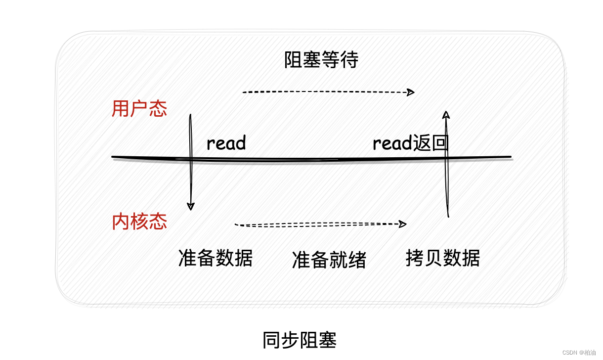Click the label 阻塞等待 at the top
(321, 60)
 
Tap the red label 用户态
(139, 109)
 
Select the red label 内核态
(139, 222)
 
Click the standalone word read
(226, 143)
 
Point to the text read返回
(410, 143)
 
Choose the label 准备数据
(215, 258)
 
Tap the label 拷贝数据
(443, 258)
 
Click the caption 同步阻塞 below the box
(300, 341)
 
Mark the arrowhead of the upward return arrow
(446, 115)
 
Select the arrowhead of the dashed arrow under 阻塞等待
(410, 92)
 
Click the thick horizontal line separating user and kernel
(311, 159)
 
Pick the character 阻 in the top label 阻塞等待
(294, 60)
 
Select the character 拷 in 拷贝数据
(415, 258)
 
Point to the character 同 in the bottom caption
(272, 341)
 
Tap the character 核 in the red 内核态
(139, 222)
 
